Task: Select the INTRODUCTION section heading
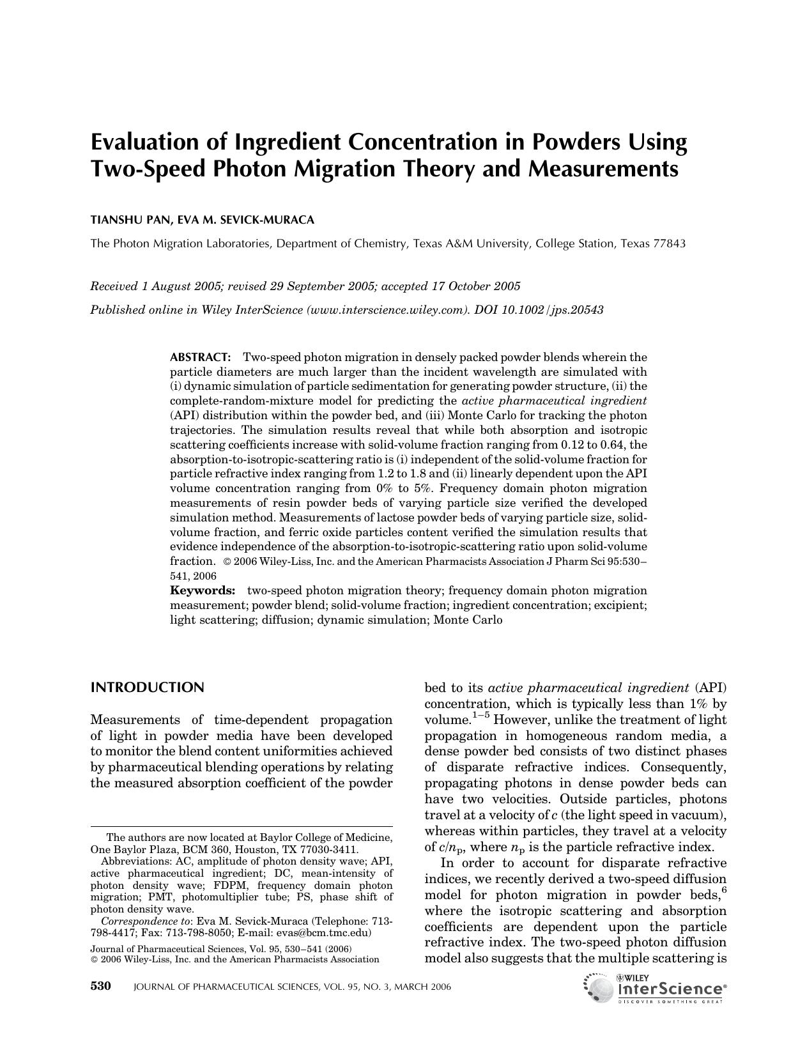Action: (x=148, y=688)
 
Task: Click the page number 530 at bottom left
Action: (x=101, y=986)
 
